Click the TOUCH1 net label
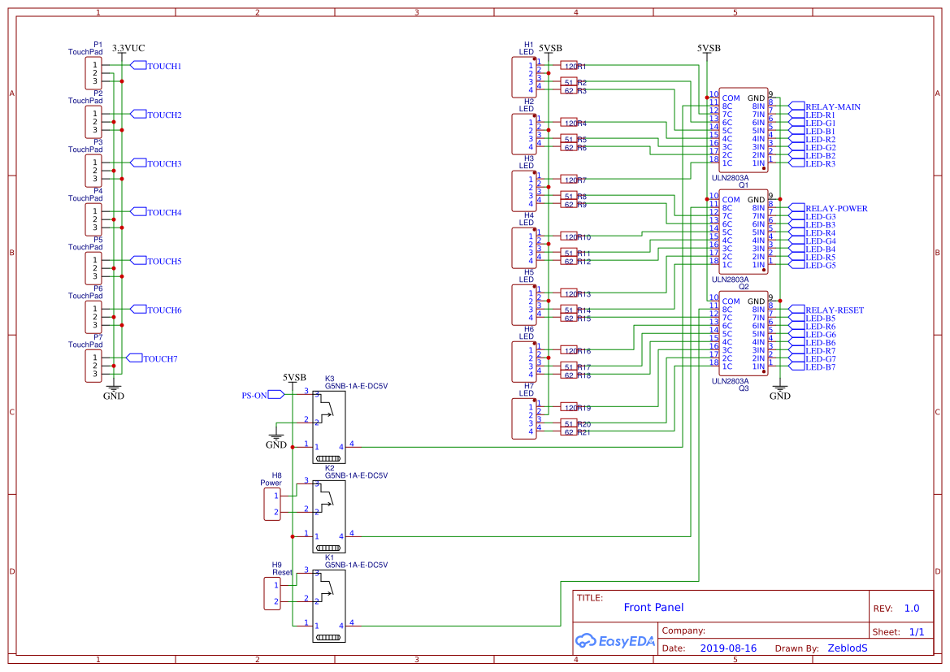point(163,66)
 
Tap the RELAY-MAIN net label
point(832,106)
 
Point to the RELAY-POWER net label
point(835,208)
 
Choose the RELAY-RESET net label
point(834,310)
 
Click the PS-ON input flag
point(254,395)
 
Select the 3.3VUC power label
point(128,49)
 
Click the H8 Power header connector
point(271,504)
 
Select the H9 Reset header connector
point(271,593)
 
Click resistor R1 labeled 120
point(570,66)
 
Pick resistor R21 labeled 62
point(570,431)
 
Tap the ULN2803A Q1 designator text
point(742,184)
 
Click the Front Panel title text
point(653,607)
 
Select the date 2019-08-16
point(727,648)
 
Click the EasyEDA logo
point(614,641)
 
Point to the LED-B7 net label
point(820,367)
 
